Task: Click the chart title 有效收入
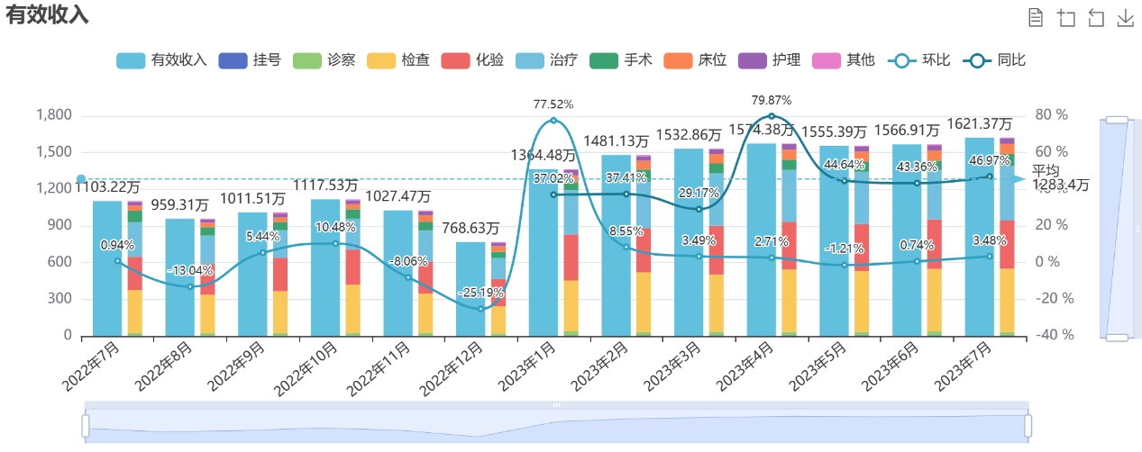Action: pyautogui.click(x=48, y=14)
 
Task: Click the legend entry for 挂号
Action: pyautogui.click(x=251, y=60)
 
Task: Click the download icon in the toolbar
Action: pyautogui.click(x=1125, y=19)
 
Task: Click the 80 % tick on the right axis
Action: pyautogui.click(x=1051, y=115)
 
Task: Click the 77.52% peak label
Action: pyautogui.click(x=553, y=104)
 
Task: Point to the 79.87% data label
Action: pyautogui.click(x=772, y=100)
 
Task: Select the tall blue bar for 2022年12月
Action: pyautogui.click(x=471, y=288)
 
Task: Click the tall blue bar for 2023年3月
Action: pyautogui.click(x=689, y=243)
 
